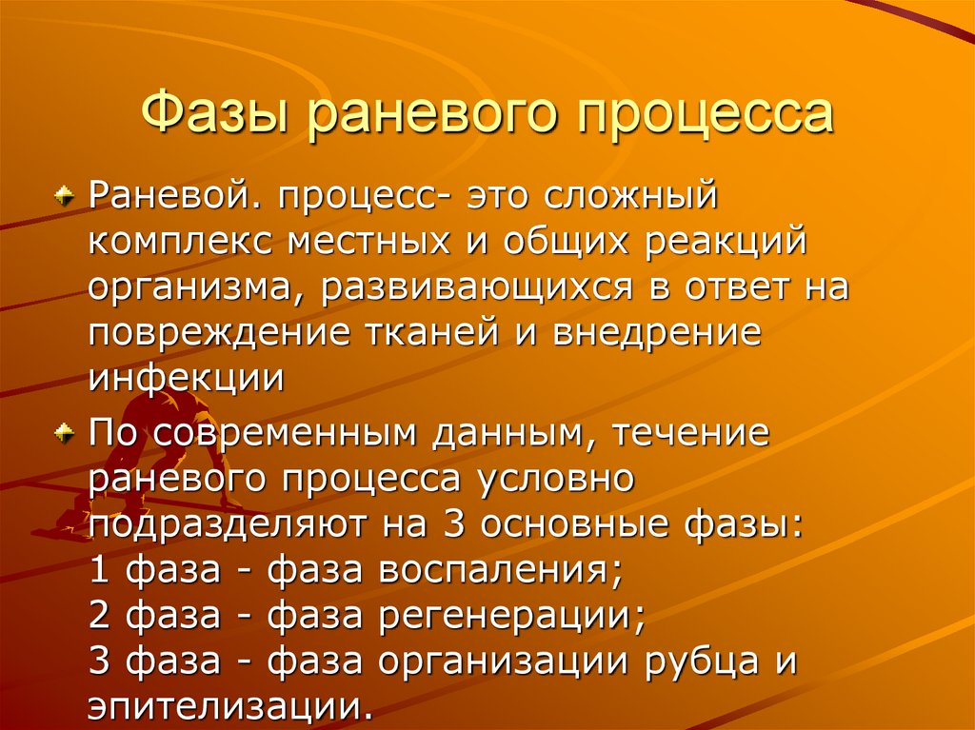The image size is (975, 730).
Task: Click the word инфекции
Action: [x=186, y=378]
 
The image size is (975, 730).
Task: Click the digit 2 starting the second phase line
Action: [x=99, y=615]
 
